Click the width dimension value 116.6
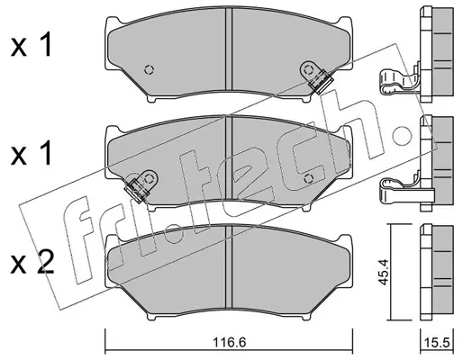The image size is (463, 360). pos(229,342)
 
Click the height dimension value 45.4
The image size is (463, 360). pos(384,273)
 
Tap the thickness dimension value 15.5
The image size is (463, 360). pos(437,342)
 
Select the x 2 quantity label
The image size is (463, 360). pos(32,262)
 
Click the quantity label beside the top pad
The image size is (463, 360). pos(32,46)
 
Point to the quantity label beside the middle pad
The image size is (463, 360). pos(32,154)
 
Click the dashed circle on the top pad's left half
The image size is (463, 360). pos(150,70)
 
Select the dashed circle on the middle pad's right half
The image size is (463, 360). pos(308,179)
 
